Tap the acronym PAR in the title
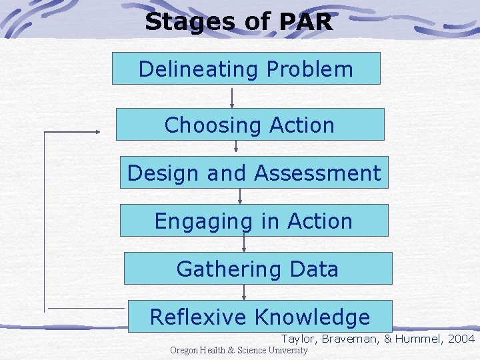pos(305,22)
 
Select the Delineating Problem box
pos(245,69)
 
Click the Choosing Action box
pos(250,125)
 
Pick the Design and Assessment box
pos(253,173)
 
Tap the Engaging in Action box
pos(253,221)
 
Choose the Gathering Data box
pos(257,269)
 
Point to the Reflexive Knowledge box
pos(259,317)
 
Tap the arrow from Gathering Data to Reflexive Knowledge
pos(244,292)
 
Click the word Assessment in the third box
pos(317,173)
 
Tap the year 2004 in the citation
pos(461,339)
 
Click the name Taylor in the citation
pos(298,339)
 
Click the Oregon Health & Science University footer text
pos(239,351)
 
